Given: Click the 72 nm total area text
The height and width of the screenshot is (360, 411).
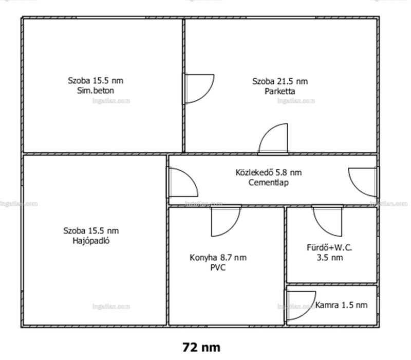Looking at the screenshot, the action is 201,347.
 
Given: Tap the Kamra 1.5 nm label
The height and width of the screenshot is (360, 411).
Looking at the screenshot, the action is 341,305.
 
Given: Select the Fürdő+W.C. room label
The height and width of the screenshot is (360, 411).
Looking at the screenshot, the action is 329,247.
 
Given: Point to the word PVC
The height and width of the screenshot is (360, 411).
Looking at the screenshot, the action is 218,267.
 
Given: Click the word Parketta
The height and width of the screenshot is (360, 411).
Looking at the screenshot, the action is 279,92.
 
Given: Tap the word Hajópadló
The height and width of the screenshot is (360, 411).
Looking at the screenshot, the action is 91,241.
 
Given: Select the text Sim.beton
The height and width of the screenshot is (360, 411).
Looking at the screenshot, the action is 96,91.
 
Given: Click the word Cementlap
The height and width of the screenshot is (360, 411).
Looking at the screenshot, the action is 268,183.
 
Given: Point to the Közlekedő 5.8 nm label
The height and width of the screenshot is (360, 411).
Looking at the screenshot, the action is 268,172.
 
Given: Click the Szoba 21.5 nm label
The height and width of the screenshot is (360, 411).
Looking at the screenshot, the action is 280,81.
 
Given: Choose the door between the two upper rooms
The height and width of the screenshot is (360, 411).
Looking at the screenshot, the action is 198,88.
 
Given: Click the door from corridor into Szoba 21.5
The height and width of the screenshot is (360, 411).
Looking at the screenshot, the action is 273,138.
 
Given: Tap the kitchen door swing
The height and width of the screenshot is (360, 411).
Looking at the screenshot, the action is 226,221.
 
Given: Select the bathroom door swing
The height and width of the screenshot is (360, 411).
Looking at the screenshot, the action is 327,221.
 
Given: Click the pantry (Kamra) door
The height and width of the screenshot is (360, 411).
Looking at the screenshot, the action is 301,305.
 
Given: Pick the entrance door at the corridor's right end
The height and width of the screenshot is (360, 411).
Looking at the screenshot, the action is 364,183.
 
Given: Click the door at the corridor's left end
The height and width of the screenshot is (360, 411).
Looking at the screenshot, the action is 182,183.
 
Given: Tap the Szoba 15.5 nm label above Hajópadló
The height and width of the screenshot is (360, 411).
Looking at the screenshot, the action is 91,231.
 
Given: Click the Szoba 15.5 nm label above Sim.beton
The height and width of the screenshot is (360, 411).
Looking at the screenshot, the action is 96,81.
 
